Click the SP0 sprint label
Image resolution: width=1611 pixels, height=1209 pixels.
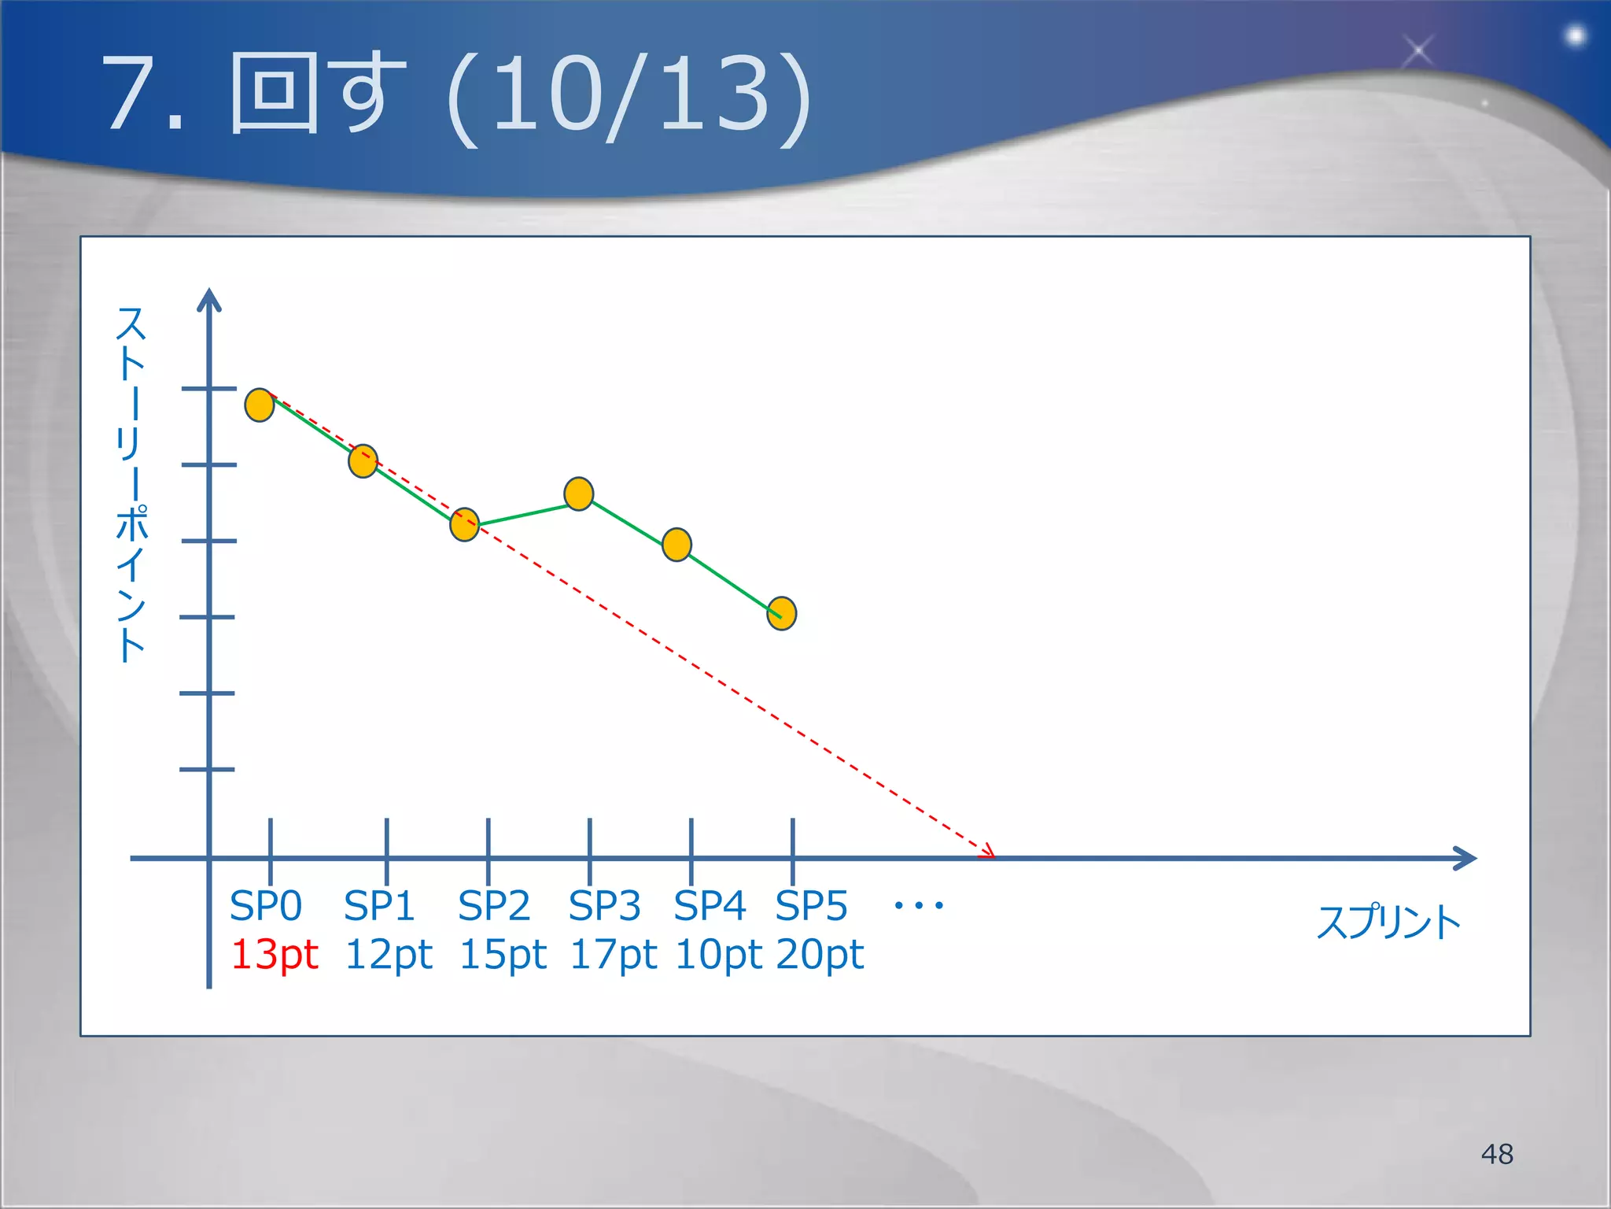[x=266, y=906]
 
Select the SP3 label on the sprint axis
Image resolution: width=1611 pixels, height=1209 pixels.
[x=604, y=906]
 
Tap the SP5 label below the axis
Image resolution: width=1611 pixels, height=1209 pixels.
[x=811, y=906]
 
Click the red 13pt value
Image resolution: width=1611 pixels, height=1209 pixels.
[x=274, y=955]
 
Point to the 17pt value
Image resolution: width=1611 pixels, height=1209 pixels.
[x=613, y=955]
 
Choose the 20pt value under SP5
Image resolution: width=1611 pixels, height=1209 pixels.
[x=820, y=955]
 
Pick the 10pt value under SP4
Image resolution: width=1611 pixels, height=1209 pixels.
[x=718, y=955]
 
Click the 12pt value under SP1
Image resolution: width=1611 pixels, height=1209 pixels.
[x=389, y=955]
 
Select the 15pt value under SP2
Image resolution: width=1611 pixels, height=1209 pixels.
[x=503, y=955]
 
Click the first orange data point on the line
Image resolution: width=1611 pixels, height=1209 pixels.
[x=260, y=405]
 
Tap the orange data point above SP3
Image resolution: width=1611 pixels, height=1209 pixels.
[x=579, y=494]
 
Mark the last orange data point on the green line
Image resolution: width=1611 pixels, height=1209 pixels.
[x=781, y=614]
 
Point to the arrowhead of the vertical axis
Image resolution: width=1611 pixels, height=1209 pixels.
[x=209, y=299]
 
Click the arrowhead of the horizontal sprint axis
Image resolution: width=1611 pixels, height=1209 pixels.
[x=1466, y=858]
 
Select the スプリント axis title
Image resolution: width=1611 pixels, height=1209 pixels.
[x=1388, y=922]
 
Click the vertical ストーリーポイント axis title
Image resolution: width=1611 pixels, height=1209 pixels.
[x=131, y=483]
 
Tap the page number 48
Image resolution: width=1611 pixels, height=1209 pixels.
[x=1497, y=1154]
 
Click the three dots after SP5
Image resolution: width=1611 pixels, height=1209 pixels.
[x=919, y=906]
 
